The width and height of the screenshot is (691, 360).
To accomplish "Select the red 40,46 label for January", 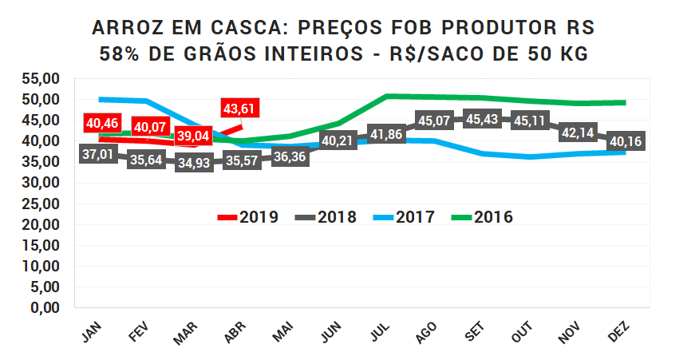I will tap(101, 124).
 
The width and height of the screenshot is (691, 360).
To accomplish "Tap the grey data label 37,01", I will tap(100, 155).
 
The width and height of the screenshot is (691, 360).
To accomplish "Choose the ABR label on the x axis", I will tap(235, 334).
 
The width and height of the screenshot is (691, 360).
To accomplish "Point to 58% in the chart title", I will tap(119, 54).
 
